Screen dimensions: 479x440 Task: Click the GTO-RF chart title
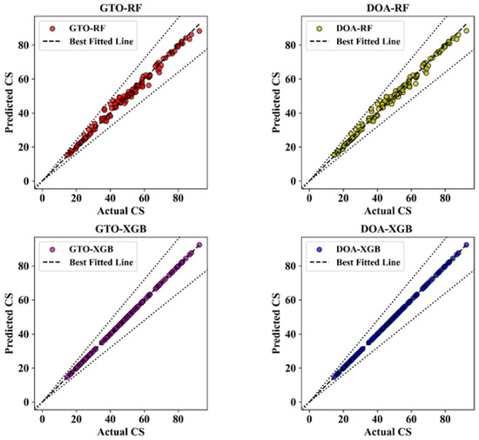click(121, 8)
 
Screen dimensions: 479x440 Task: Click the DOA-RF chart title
click(388, 8)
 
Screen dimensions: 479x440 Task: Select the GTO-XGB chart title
click(121, 229)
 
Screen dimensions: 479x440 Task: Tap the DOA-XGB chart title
click(387, 229)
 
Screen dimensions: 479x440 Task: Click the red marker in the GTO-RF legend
click(52, 29)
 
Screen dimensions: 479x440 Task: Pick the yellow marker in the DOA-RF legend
click(320, 29)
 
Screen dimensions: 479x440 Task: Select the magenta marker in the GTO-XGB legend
click(52, 250)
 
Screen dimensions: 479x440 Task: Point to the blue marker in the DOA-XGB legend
click(320, 250)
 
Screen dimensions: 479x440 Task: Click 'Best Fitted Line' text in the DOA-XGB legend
click(368, 262)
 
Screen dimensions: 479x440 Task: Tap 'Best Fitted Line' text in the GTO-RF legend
click(101, 41)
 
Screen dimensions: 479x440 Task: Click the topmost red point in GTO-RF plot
click(199, 30)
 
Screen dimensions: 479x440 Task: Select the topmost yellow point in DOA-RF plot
click(466, 30)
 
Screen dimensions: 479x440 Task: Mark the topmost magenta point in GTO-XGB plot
click(199, 245)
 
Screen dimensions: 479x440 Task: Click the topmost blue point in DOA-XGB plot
click(466, 245)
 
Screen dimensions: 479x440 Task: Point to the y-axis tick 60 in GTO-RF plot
click(24, 79)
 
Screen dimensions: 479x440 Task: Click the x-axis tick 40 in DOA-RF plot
click(377, 198)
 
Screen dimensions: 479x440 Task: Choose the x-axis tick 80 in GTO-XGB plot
click(178, 419)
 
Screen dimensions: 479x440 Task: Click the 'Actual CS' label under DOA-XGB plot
click(388, 432)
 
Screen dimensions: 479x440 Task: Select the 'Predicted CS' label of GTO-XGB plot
click(10, 323)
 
